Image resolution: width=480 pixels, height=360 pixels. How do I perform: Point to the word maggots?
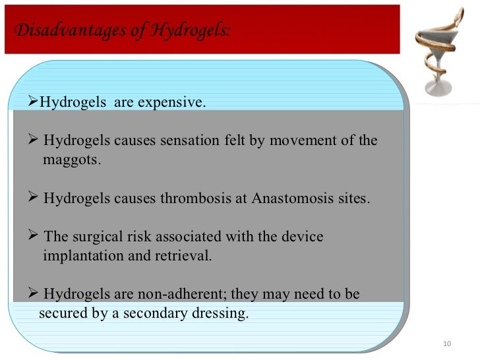(x=72, y=160)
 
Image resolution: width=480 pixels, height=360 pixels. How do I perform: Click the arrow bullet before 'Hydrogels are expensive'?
(x=36, y=103)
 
